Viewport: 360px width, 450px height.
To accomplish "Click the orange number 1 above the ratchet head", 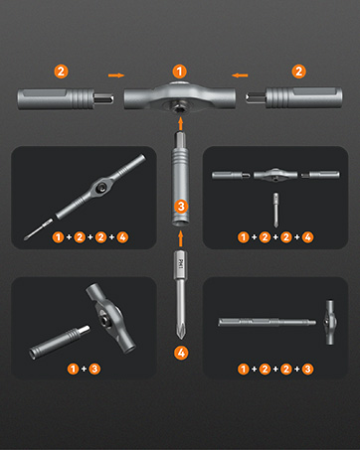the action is [180, 72].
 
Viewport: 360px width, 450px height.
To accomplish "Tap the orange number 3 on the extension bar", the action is [181, 207].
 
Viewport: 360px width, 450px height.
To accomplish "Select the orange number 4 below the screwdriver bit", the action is [181, 353].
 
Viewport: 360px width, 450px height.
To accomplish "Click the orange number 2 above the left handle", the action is [61, 72].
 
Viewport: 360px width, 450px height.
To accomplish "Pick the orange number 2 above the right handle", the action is [298, 72].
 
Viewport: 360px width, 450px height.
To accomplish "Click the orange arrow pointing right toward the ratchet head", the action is [116, 75].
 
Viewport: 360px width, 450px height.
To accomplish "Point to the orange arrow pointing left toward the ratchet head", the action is [240, 75].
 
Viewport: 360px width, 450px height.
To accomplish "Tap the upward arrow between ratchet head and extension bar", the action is [181, 123].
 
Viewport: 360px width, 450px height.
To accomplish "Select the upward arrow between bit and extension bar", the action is [181, 238].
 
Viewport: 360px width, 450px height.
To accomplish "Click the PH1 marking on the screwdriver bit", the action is [181, 264].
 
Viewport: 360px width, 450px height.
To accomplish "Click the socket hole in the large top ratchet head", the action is [179, 107].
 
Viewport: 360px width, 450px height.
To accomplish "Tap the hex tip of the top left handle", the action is [103, 98].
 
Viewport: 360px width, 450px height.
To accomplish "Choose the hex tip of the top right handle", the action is [256, 97].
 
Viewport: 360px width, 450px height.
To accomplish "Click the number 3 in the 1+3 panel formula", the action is [94, 369].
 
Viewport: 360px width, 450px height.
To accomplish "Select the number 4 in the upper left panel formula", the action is [122, 237].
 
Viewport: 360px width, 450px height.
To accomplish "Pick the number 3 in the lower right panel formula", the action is [307, 369].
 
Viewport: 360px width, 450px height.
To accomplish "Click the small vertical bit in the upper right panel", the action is [275, 210].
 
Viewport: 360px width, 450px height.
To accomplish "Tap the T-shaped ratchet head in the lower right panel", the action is [329, 323].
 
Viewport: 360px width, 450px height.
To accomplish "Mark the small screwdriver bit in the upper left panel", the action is [38, 228].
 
